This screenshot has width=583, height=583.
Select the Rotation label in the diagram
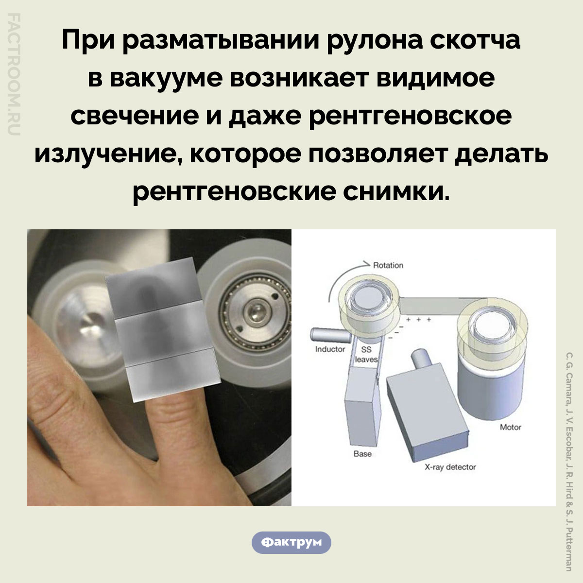388,265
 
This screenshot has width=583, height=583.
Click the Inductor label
330,349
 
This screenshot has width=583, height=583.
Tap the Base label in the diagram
362,453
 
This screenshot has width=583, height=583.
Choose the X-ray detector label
450,467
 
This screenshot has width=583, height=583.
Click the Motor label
510,427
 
